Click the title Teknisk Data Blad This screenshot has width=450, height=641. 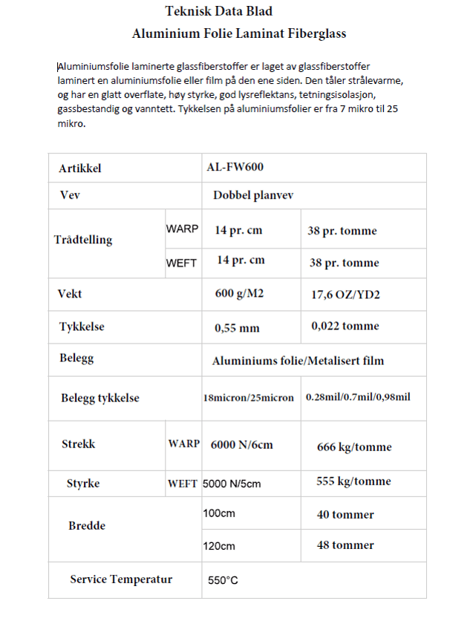(x=218, y=11)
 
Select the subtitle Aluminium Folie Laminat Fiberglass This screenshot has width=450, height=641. (x=238, y=33)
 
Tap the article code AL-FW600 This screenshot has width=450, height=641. (x=235, y=168)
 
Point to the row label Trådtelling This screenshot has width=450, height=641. (x=83, y=240)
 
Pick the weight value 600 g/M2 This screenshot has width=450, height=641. (x=239, y=294)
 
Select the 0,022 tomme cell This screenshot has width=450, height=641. (x=345, y=326)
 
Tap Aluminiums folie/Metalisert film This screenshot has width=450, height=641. (x=298, y=361)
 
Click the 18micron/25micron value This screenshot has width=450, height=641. (x=248, y=398)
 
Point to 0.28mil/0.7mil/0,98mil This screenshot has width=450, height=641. (x=358, y=397)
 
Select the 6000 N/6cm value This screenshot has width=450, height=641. (x=241, y=444)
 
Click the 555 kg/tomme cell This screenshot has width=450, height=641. (x=353, y=481)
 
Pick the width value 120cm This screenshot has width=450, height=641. (x=219, y=546)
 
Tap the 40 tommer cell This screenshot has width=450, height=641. (x=345, y=514)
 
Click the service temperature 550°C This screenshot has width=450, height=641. (x=223, y=580)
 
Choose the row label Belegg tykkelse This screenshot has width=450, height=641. (x=100, y=398)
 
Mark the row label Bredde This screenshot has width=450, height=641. (x=87, y=526)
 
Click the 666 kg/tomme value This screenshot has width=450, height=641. (x=354, y=447)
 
